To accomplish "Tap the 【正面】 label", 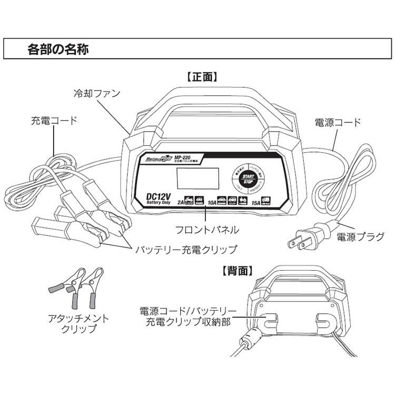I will pos(202,77).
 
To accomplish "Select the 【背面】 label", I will pos(238,271).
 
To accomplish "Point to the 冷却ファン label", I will pos(97,94).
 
